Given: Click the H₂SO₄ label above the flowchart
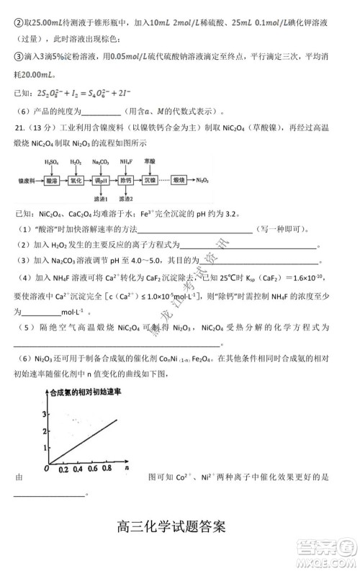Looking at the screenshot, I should tap(51, 161).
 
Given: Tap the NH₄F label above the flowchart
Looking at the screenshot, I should tap(126, 161).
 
